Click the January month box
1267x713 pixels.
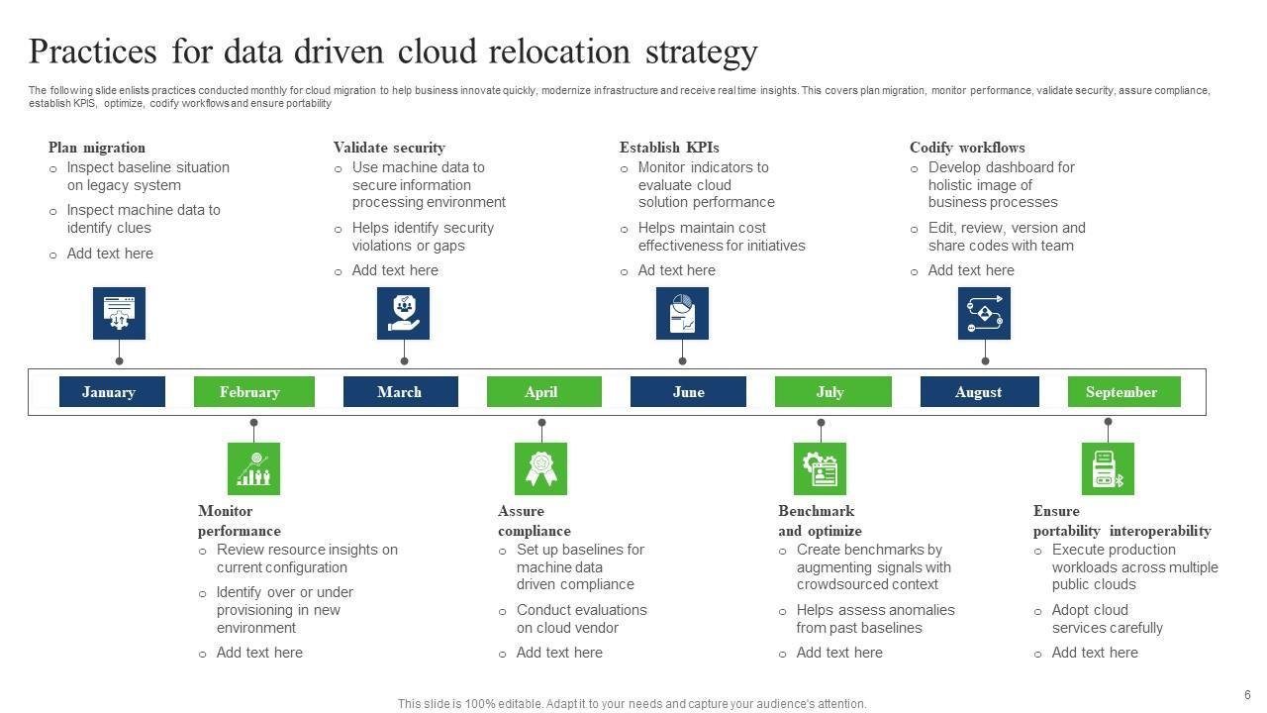(x=109, y=392)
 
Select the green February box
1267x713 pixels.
(x=253, y=392)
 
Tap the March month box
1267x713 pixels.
(x=400, y=392)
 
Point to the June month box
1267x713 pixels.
(x=688, y=392)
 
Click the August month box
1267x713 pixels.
(x=979, y=392)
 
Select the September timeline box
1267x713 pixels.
(x=1123, y=392)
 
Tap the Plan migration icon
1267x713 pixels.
(x=119, y=313)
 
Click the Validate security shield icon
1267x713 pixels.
(x=403, y=313)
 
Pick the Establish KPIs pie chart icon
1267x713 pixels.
(x=682, y=313)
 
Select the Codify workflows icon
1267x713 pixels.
(x=984, y=313)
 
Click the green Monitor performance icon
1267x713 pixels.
(x=253, y=468)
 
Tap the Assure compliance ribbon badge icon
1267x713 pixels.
(x=540, y=468)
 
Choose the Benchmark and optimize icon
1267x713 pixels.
(x=820, y=468)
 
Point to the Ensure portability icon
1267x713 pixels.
(x=1107, y=468)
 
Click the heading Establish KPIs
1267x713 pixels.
(x=669, y=148)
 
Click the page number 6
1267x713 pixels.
(x=1247, y=695)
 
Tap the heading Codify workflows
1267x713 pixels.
(x=967, y=148)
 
